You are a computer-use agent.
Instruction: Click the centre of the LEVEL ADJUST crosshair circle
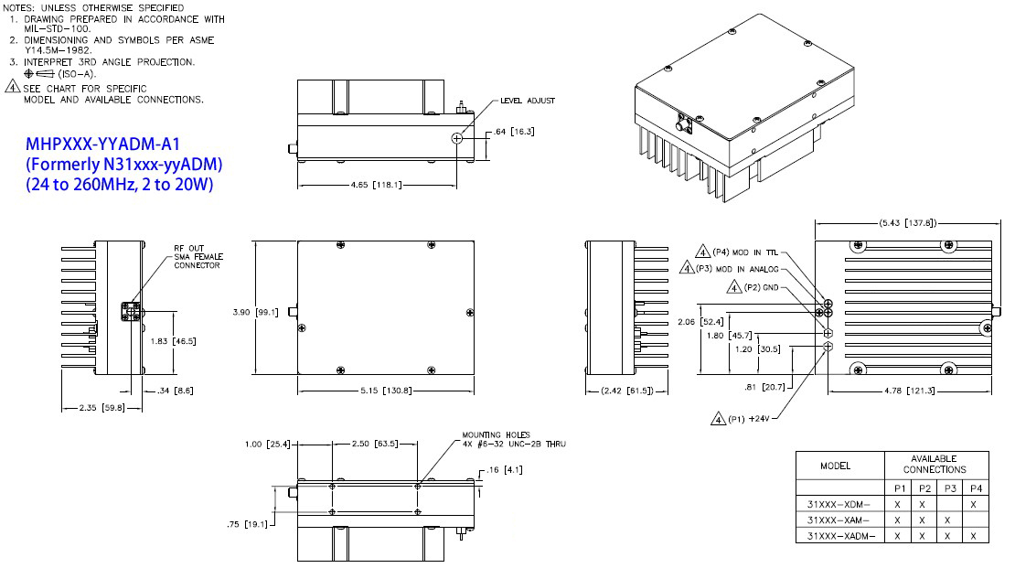tap(457, 138)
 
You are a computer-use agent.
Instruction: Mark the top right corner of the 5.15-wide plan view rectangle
tap(474, 241)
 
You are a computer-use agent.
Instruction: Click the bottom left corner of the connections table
tap(796, 542)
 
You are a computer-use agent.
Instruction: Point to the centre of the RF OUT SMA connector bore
tap(132, 312)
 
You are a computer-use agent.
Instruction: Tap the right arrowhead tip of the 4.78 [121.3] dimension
tap(991, 391)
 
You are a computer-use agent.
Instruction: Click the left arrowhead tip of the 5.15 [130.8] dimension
tap(298, 391)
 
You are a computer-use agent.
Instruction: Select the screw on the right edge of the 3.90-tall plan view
tap(470, 313)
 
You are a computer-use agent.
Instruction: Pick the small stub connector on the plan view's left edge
tap(294, 312)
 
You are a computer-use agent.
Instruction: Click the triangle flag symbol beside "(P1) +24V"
tap(718, 419)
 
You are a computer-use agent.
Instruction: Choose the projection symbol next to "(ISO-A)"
tap(38, 74)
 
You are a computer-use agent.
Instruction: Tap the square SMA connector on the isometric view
tap(684, 123)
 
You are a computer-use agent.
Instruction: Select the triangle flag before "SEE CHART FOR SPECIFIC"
tap(12, 85)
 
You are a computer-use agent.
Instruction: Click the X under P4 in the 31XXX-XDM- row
tap(974, 505)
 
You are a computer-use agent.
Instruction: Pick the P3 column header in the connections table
tap(950, 488)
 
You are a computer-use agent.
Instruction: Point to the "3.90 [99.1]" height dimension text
tap(256, 312)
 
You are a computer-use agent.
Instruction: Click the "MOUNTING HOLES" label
tap(496, 434)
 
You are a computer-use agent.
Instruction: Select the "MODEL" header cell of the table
tap(835, 466)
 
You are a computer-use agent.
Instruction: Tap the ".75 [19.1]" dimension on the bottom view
tap(247, 524)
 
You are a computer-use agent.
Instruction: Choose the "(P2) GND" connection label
tap(761, 287)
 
